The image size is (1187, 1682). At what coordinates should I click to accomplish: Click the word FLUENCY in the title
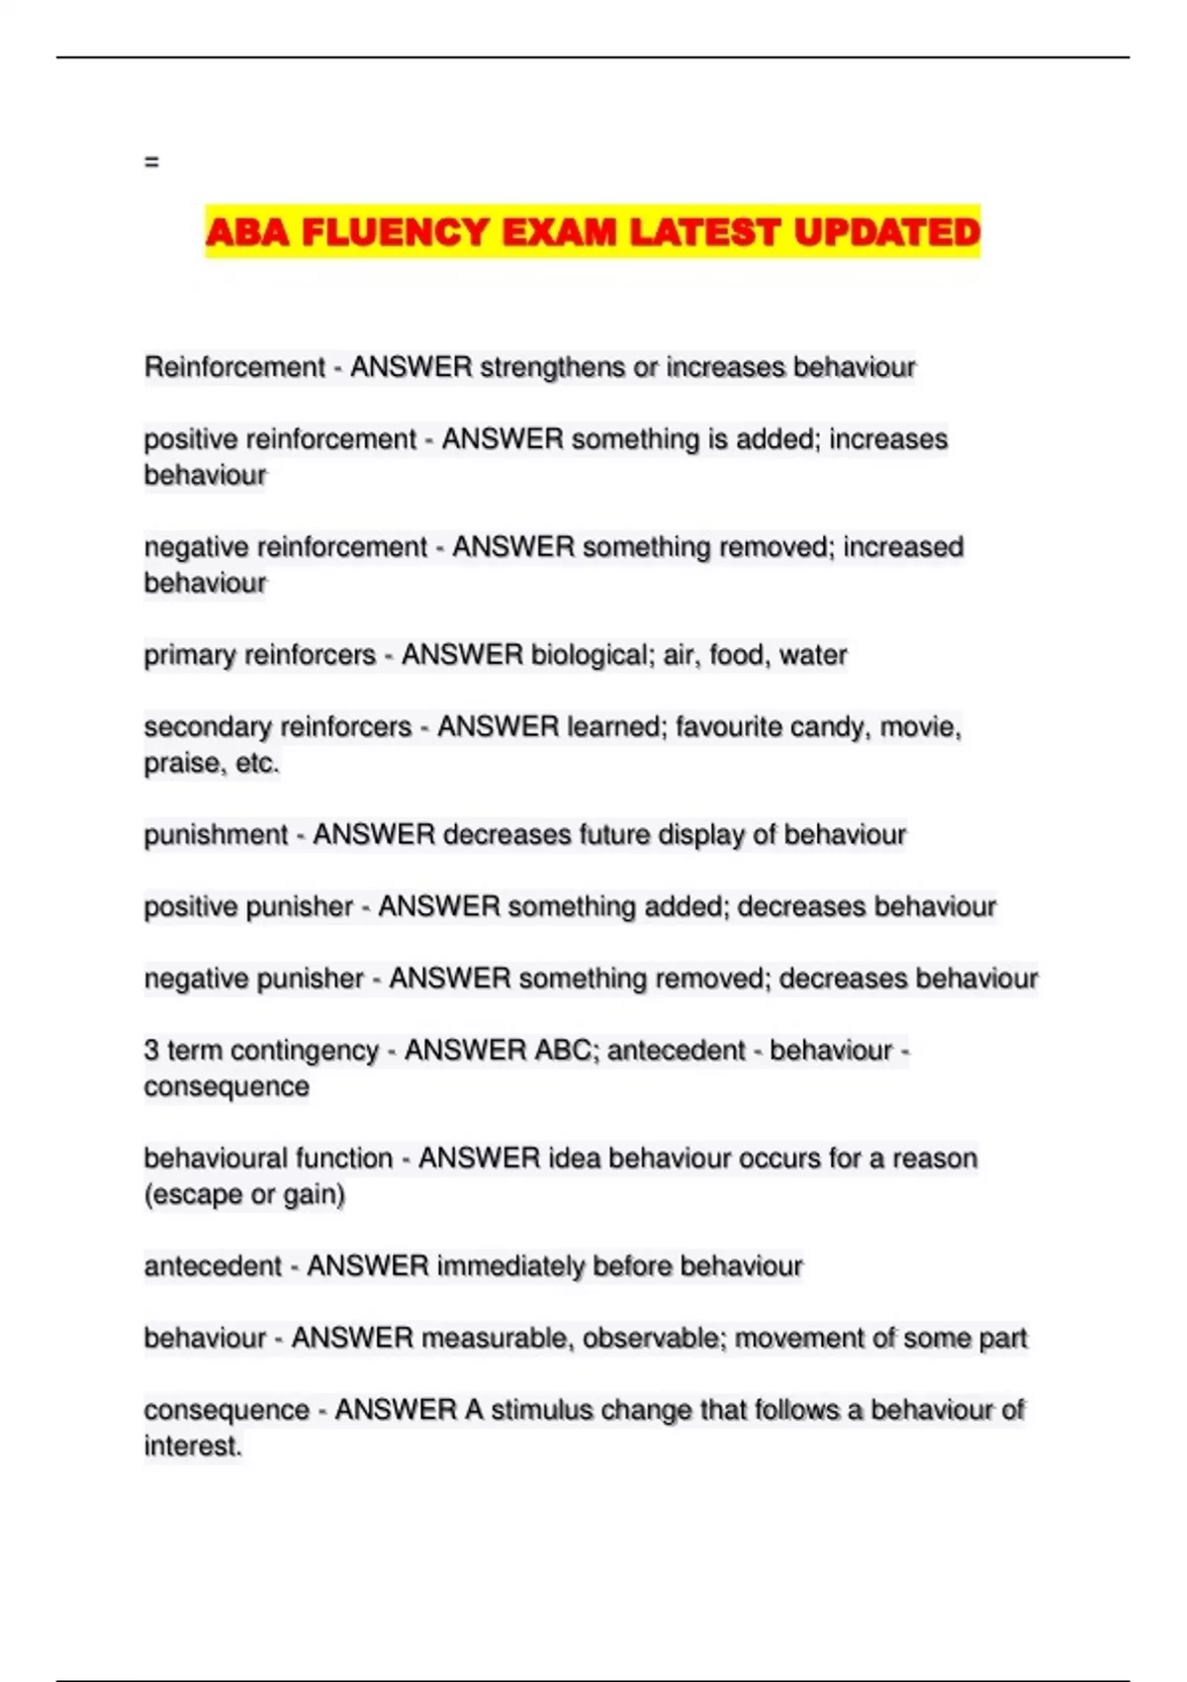point(395,233)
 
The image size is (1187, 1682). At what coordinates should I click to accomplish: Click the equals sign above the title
point(151,161)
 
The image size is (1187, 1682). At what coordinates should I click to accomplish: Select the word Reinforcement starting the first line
point(234,367)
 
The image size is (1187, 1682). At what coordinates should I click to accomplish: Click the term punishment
point(216,835)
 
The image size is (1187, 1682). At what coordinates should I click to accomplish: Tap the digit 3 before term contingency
point(151,1051)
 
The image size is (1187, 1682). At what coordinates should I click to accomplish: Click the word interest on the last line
point(191,1447)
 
